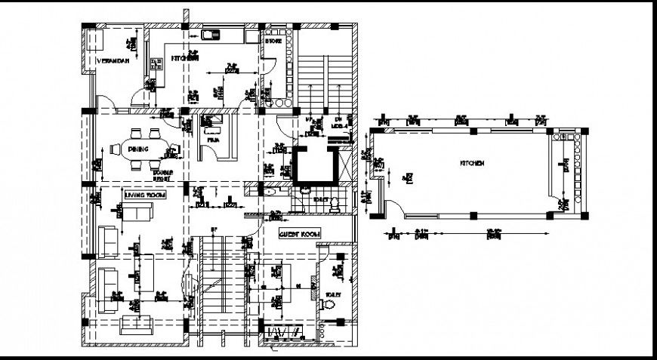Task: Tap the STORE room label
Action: pos(273,42)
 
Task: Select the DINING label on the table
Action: pos(138,149)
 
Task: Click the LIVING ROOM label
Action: pos(144,195)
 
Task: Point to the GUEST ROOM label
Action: pos(300,234)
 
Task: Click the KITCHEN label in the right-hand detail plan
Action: pos(470,162)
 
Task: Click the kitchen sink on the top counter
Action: pos(211,34)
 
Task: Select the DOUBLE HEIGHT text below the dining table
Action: pos(162,175)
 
